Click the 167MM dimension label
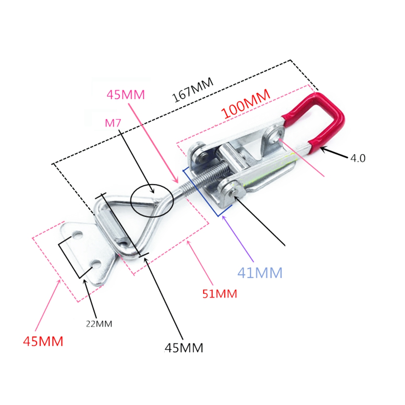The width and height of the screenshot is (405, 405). pos(193,90)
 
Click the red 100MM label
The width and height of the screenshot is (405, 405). pos(246,104)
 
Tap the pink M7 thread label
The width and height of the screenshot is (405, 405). pos(113,123)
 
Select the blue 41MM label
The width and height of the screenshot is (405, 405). pos(260,273)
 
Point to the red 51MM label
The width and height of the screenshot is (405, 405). pos(220,294)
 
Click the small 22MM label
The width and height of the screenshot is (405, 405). pos(99,324)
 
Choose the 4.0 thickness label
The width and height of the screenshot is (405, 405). pos(358,158)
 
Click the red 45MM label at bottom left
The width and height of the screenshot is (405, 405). pos(43,341)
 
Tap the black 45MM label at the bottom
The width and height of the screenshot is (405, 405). pos(184,347)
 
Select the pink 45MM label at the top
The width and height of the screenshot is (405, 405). pos(126,95)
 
